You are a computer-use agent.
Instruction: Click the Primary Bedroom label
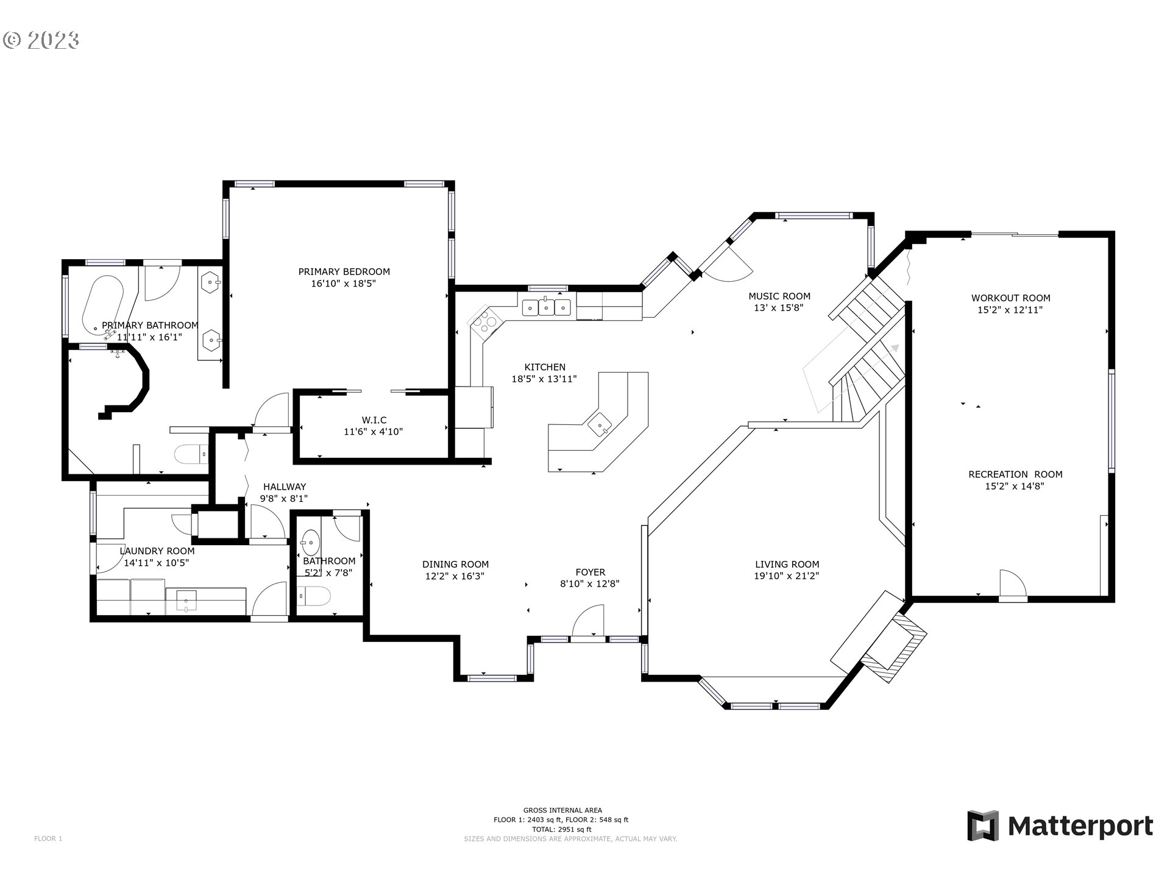coord(344,272)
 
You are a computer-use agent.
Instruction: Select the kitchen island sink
coord(600,423)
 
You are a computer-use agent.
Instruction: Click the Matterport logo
coord(1060,826)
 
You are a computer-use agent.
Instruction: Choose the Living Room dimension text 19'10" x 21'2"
coord(787,576)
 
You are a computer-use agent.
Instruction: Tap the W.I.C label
coord(374,420)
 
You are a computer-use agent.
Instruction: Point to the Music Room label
coord(779,296)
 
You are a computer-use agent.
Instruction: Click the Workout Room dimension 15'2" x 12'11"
coord(1010,310)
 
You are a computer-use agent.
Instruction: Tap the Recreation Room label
coord(1015,474)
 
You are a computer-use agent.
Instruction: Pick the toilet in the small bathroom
coord(314,594)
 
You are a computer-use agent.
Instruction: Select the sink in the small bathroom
coord(311,540)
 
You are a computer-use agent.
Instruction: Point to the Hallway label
coord(285,487)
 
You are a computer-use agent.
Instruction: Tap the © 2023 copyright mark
coord(41,41)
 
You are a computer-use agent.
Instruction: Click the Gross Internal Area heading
coord(562,810)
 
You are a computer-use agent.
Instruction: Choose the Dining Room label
coord(456,565)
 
